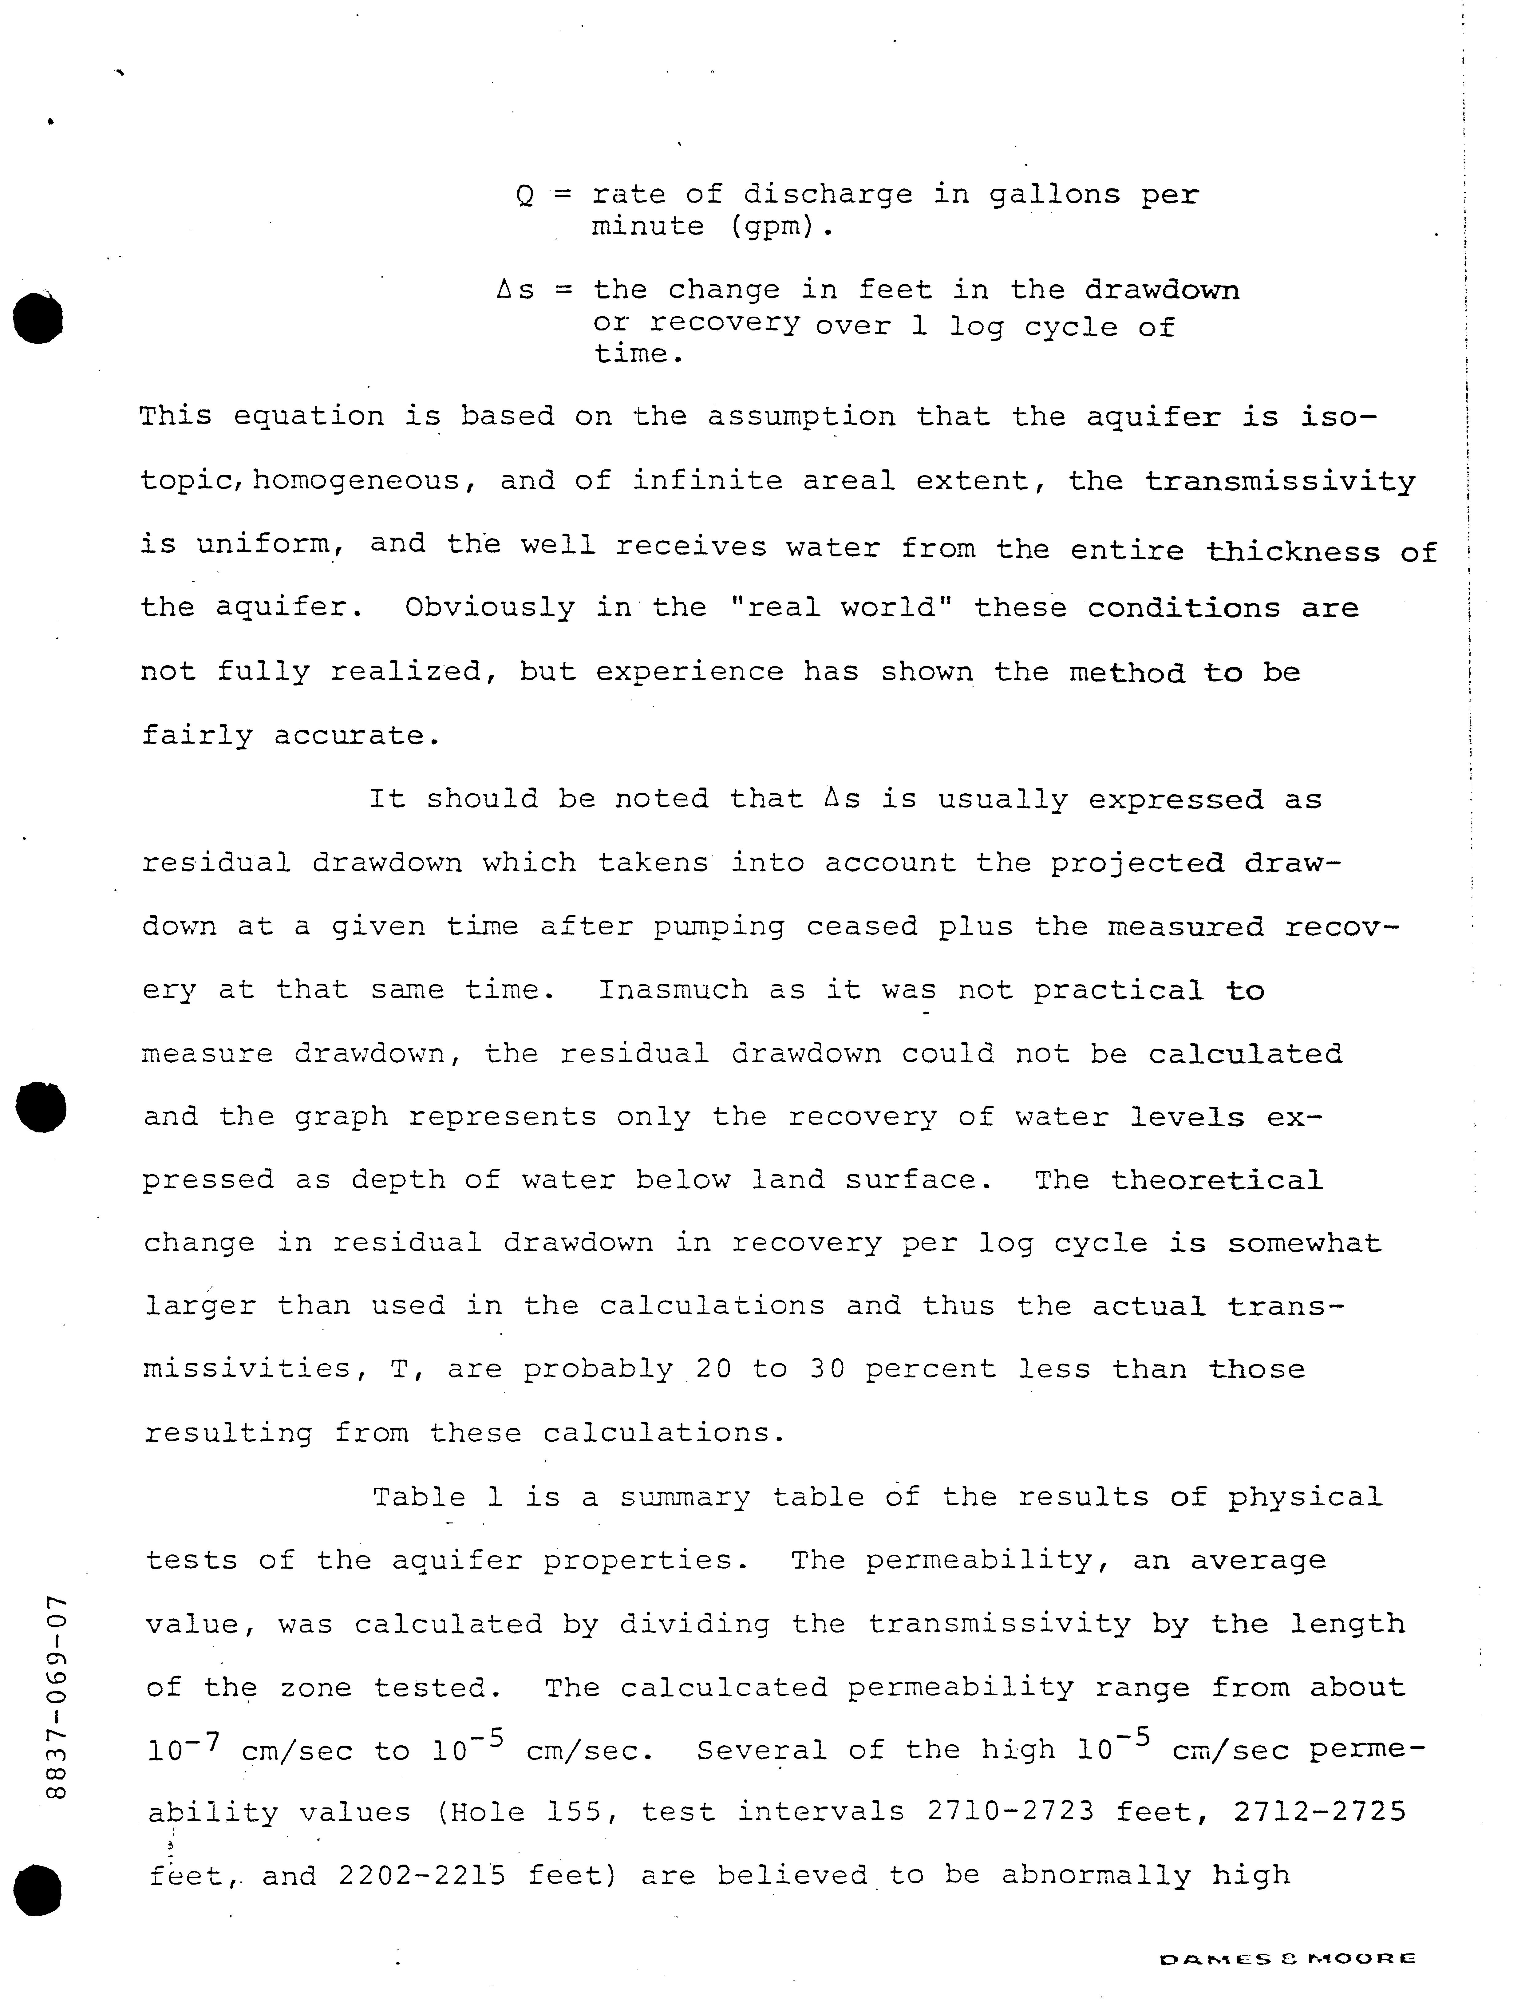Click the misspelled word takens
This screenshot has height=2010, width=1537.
pyautogui.click(x=653, y=863)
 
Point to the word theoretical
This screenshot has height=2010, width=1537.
pyautogui.click(x=1217, y=1180)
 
